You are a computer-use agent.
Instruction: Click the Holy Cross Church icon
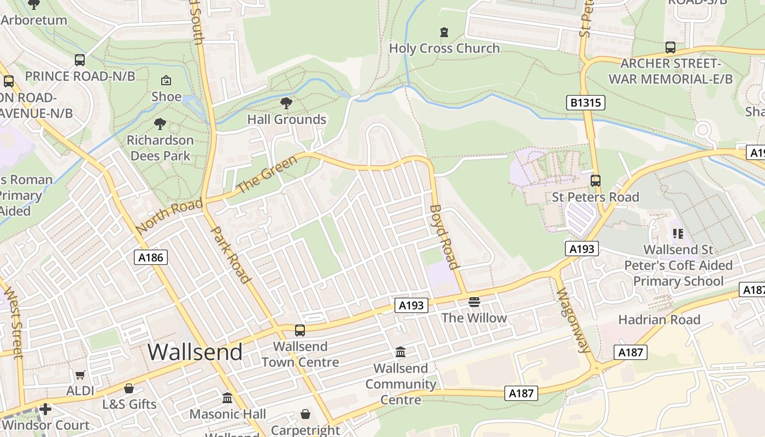444,32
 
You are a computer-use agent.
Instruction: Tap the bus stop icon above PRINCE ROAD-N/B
80,60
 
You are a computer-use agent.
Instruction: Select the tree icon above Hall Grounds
286,103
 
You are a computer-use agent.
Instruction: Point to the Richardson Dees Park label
160,148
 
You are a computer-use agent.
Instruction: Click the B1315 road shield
586,102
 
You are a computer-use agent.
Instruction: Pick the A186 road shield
151,257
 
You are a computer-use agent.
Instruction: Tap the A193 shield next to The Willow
411,305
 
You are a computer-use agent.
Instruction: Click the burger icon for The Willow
474,302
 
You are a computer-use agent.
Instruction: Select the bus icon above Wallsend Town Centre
299,330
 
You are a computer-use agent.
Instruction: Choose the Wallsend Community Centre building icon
400,352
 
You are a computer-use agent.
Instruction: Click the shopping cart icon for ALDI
80,375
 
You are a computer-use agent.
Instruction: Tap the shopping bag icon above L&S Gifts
129,388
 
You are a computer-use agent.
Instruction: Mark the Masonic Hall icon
227,398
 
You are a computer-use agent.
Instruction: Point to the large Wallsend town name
195,352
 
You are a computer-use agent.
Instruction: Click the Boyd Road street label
444,237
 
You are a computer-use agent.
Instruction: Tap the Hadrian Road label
659,320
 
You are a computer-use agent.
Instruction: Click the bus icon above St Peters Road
596,181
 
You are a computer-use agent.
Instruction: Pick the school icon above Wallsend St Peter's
678,234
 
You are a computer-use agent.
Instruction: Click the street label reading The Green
268,174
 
